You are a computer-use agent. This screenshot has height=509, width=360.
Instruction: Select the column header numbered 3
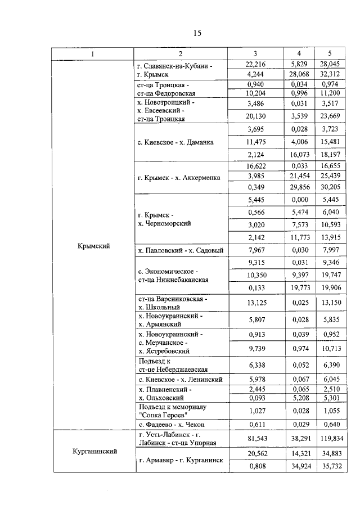click(255, 53)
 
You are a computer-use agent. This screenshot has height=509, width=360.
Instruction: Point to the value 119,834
click(331, 438)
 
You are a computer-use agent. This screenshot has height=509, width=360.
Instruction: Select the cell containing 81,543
click(255, 438)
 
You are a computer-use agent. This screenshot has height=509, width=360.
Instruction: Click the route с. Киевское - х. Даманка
click(175, 142)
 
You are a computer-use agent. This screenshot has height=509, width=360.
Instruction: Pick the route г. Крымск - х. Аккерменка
click(179, 178)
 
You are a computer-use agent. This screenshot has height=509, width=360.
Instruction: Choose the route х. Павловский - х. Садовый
click(180, 250)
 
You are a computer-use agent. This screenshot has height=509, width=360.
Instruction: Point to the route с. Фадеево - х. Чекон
click(172, 423)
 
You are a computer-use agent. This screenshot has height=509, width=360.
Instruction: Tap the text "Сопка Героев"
click(160, 415)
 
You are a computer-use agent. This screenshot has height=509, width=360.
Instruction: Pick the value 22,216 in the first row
click(255, 65)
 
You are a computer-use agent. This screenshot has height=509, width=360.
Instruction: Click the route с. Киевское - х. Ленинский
click(180, 380)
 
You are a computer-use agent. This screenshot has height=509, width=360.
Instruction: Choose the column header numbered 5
click(331, 53)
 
